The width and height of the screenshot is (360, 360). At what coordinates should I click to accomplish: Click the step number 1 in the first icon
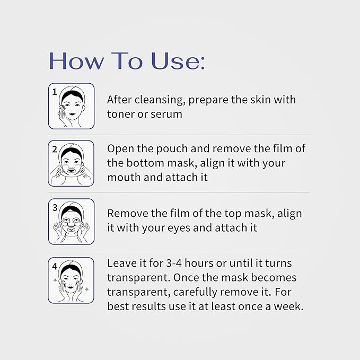[54, 91]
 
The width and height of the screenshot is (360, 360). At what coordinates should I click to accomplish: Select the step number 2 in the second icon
[54, 149]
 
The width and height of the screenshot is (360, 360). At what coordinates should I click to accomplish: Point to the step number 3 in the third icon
[54, 207]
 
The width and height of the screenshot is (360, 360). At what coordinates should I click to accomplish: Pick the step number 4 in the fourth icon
[54, 266]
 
